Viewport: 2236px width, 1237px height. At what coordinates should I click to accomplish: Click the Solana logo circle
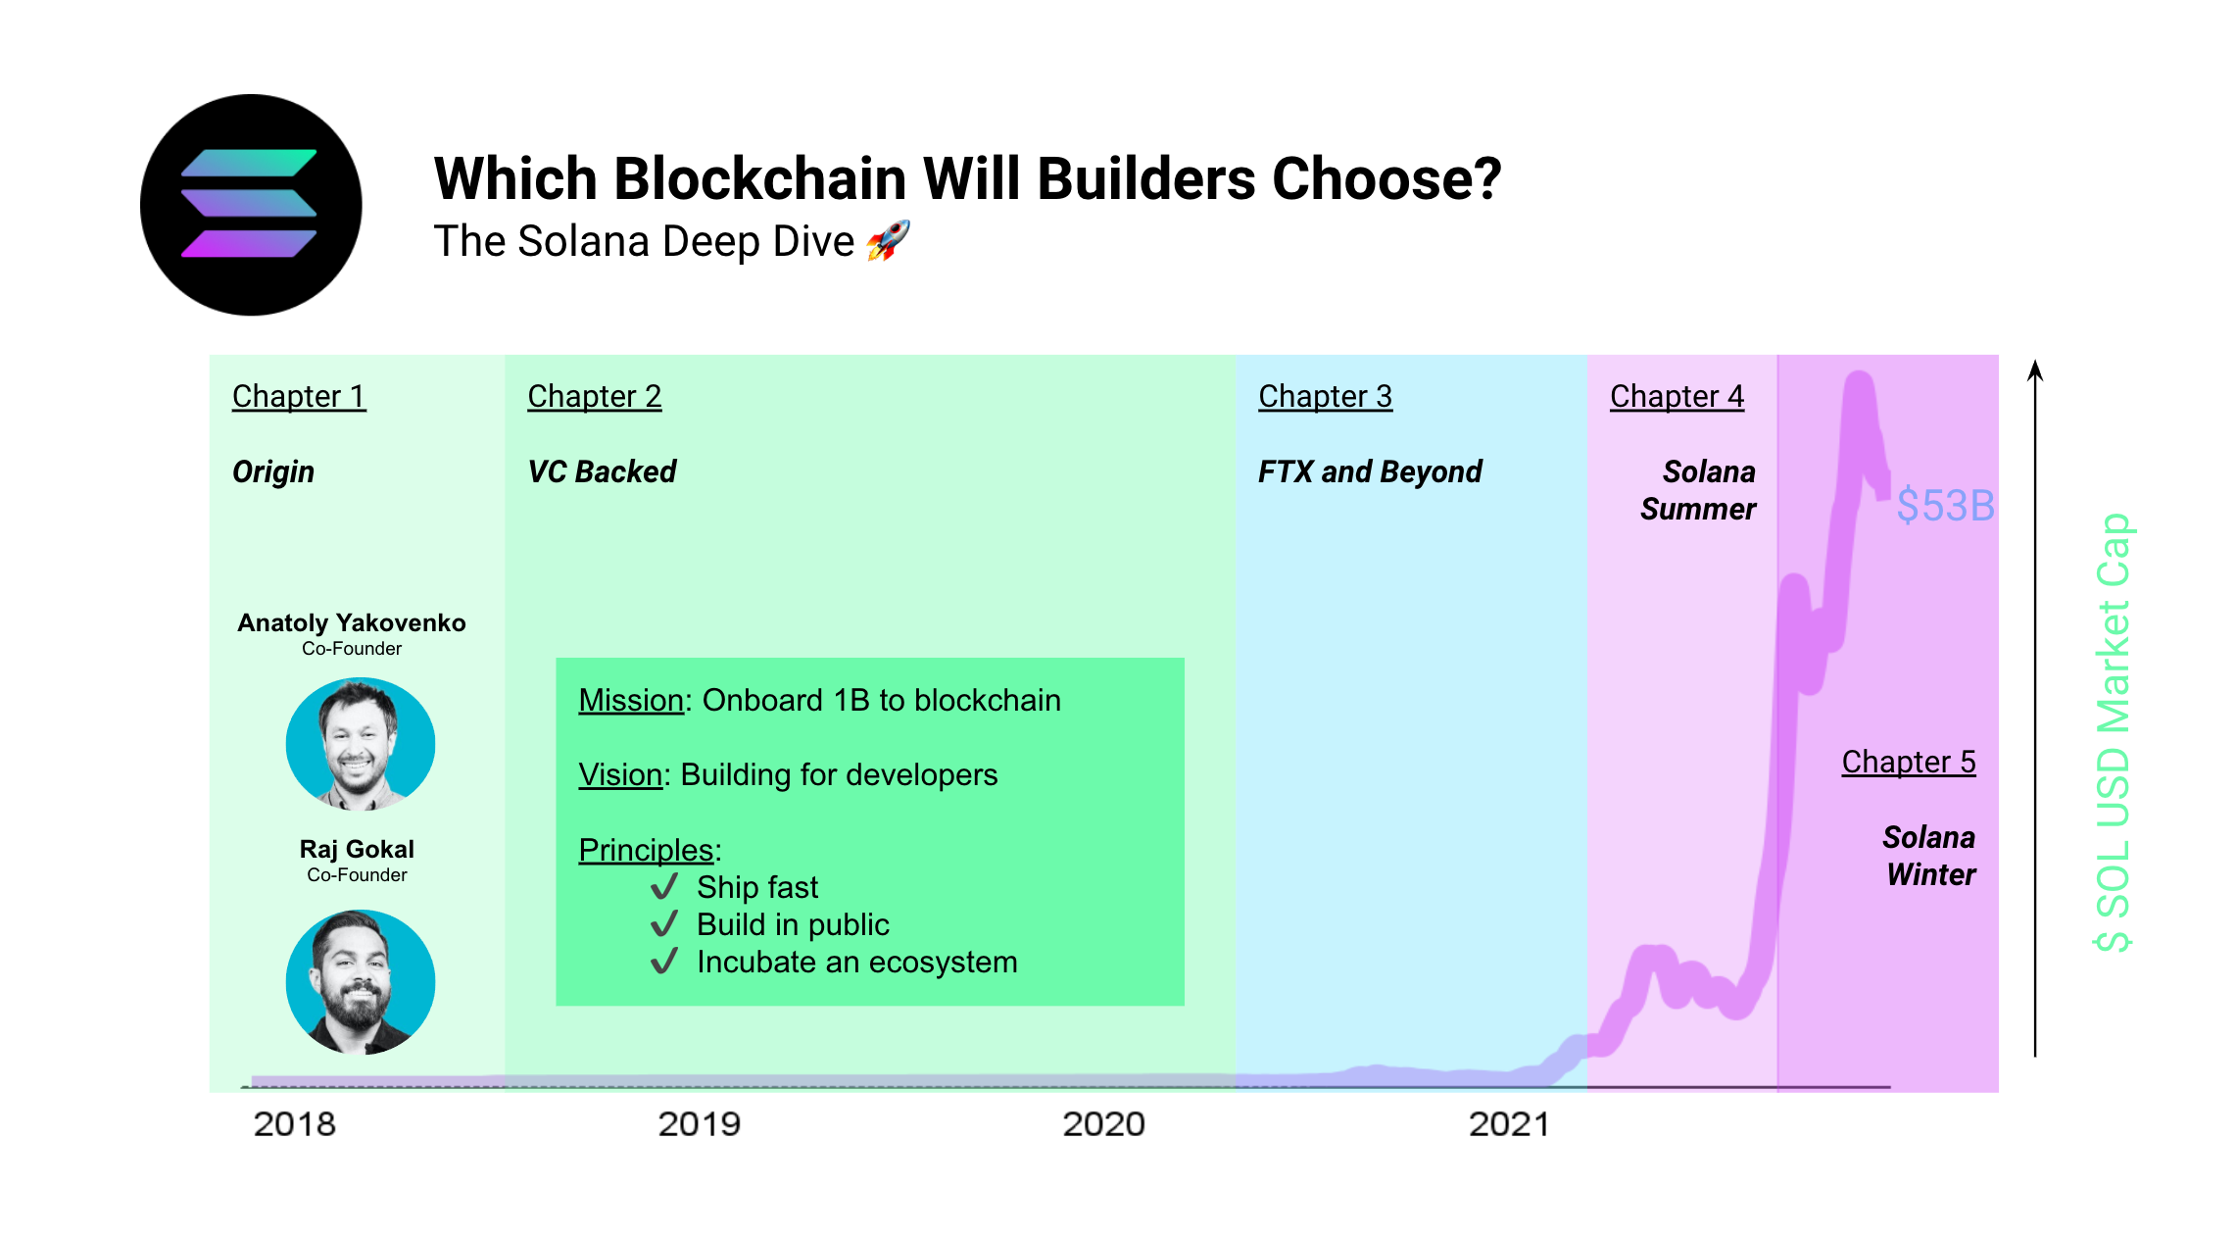coord(251,205)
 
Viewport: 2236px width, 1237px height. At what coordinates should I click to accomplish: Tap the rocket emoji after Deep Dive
coord(889,240)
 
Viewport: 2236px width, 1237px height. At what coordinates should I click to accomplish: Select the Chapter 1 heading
coord(299,396)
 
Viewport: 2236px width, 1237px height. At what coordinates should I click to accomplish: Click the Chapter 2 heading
coord(594,396)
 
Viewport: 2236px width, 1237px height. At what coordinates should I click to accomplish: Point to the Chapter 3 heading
coord(1325,396)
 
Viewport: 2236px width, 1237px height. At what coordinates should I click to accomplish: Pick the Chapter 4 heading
coord(1677,396)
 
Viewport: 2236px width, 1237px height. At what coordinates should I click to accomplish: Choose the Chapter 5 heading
coord(1908,762)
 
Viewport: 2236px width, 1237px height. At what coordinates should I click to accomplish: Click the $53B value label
coord(1945,506)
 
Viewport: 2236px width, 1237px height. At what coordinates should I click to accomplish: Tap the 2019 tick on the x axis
coord(699,1123)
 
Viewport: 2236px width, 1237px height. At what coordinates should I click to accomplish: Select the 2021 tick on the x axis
coord(1509,1123)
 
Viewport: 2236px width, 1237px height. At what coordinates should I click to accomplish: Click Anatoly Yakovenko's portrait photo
coord(360,744)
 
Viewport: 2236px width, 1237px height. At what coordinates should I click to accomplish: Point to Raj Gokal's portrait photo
coord(360,981)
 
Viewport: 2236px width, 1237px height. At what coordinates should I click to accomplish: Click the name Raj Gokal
coord(357,849)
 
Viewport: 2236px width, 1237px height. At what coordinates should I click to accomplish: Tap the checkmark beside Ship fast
coord(664,886)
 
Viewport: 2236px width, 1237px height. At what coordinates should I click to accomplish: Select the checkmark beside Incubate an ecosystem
coord(664,961)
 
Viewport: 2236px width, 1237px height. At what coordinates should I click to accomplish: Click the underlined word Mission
coord(630,700)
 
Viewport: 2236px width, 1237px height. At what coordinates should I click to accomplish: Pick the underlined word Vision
coord(620,774)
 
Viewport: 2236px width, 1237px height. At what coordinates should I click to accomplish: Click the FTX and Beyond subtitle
coord(1369,471)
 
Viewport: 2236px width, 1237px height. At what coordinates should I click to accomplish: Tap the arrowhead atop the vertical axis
coord(2035,370)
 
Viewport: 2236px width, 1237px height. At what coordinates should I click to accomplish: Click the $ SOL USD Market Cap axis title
coord(2114,731)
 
